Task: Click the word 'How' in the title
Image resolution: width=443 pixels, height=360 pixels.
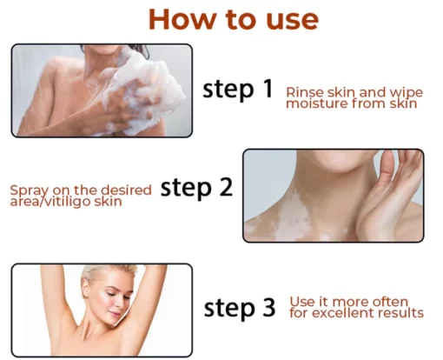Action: pos(182,19)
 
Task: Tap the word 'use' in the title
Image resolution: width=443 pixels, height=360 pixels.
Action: pos(293,21)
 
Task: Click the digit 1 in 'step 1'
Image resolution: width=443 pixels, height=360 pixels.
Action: pos(268,89)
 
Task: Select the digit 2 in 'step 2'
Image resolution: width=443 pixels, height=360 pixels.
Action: pos(225,187)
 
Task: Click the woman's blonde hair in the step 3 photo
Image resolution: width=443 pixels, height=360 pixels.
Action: pos(107,274)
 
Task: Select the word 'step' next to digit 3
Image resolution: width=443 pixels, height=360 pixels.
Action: pos(228,308)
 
